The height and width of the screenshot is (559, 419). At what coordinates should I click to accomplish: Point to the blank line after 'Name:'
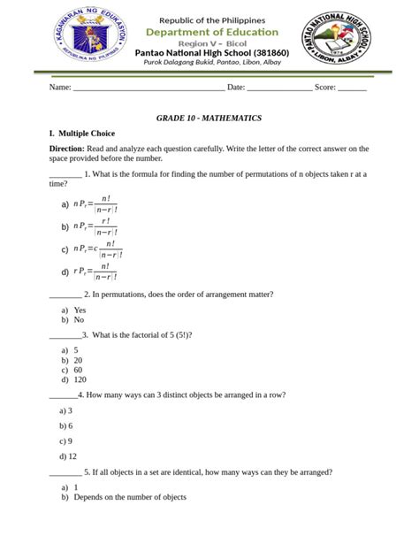(x=148, y=88)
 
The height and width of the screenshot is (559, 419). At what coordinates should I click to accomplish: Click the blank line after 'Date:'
(x=278, y=88)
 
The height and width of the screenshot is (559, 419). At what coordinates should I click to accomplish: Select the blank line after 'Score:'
(x=352, y=88)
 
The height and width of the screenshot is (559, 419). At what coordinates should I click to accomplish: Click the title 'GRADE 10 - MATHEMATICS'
(x=209, y=118)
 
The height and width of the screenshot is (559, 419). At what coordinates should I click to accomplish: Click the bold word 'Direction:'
(x=67, y=149)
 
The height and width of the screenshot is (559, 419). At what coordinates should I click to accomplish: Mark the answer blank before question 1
(x=65, y=175)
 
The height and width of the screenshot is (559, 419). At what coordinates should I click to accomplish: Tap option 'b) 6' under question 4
(x=65, y=425)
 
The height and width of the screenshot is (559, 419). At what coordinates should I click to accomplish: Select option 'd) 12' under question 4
(x=67, y=456)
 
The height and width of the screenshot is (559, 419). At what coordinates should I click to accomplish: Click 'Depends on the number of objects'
(x=130, y=497)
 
